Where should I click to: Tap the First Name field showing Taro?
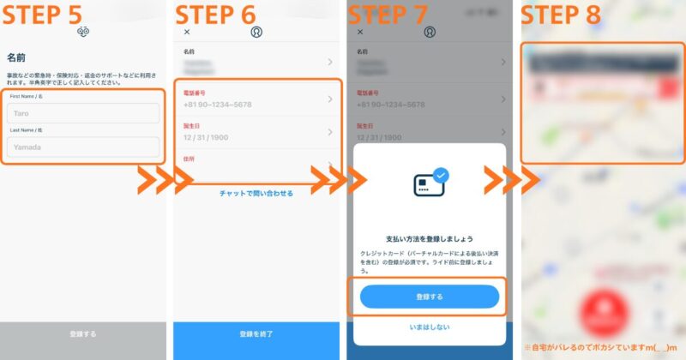pyautogui.click(x=84, y=113)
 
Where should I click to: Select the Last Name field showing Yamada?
pyautogui.click(x=84, y=147)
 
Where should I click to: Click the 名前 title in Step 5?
pyautogui.click(x=16, y=58)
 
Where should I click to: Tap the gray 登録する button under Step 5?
pyautogui.click(x=83, y=334)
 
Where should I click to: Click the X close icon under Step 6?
pyautogui.click(x=188, y=32)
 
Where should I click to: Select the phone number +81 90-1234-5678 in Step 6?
pyautogui.click(x=217, y=105)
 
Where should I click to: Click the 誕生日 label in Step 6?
pyautogui.click(x=191, y=125)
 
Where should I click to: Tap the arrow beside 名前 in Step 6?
pyautogui.click(x=330, y=62)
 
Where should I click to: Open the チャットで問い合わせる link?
pyautogui.click(x=256, y=194)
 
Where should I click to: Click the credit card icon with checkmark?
pyautogui.click(x=429, y=183)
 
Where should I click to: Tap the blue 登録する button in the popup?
pyautogui.click(x=429, y=297)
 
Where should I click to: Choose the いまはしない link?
pyautogui.click(x=429, y=327)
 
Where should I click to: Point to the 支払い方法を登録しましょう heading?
pyautogui.click(x=429, y=238)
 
